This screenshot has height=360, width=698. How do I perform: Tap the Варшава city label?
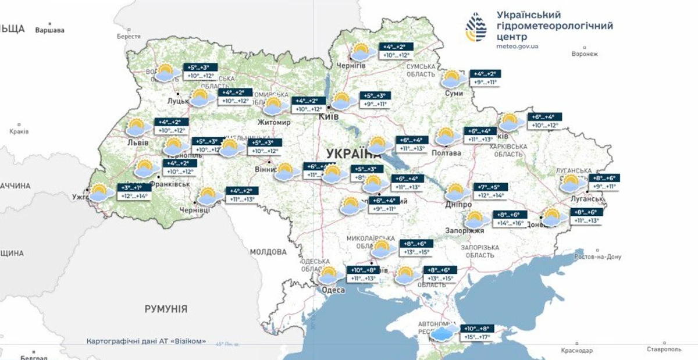pyautogui.click(x=49, y=30)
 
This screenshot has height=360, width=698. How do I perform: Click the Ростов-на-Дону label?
pyautogui.click(x=597, y=256)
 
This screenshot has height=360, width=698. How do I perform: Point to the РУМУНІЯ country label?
pyautogui.click(x=166, y=309)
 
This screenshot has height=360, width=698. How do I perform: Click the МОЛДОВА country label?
pyautogui.click(x=268, y=252)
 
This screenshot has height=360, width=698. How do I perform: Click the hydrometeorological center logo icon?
pyautogui.click(x=477, y=27)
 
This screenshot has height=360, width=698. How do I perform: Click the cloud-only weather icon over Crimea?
pyautogui.click(x=446, y=333)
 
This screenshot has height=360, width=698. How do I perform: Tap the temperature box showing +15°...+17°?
pyautogui.click(x=477, y=337)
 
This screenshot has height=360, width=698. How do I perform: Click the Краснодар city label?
pyautogui.click(x=576, y=351)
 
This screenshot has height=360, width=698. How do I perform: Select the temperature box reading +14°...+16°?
pyautogui.click(x=510, y=223)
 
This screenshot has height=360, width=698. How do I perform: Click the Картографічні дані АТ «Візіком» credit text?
pyautogui.click(x=146, y=341)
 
